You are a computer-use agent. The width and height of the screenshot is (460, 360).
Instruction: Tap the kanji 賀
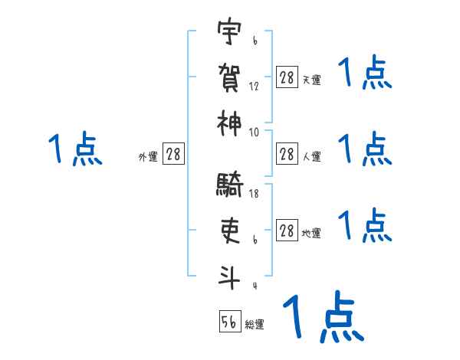coord(228,77)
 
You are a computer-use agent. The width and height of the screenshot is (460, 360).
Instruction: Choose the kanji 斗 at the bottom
coord(228,276)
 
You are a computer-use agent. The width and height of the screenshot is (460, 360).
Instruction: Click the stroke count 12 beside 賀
coord(254,87)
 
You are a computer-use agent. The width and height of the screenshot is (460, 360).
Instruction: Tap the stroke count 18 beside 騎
coord(254,195)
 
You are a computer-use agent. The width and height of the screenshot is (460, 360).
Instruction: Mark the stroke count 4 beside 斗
coord(254,286)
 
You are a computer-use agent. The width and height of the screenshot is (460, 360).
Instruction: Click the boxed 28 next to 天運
coord(287,77)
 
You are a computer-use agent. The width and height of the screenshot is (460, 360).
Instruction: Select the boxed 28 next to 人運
coord(287,154)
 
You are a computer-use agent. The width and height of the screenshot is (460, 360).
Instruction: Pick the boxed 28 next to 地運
coord(287,231)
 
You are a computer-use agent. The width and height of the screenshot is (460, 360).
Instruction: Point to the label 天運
coord(311,80)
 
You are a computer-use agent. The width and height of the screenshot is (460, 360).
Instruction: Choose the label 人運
coord(311,157)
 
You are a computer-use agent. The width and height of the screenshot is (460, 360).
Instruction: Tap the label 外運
coord(148,157)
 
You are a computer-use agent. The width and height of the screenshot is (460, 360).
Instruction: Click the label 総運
coord(255,325)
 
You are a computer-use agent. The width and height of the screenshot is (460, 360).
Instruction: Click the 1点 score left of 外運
coord(75,149)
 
